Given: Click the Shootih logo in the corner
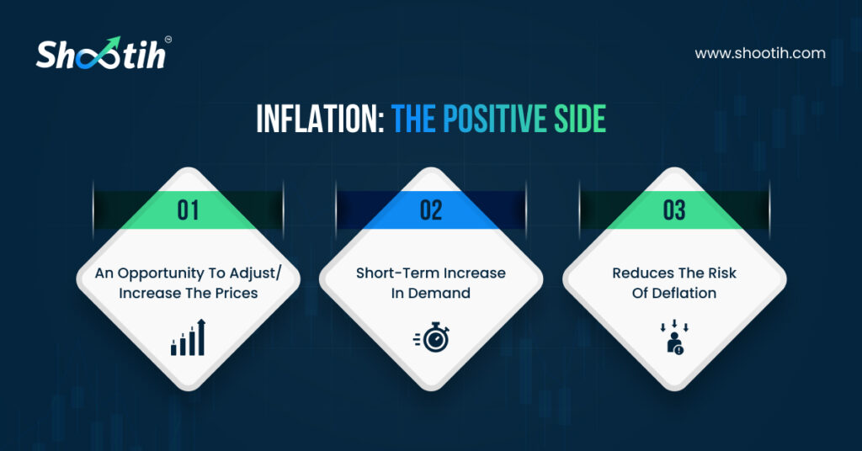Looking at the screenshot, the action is point(104,53).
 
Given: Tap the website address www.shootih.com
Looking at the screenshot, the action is point(760,53).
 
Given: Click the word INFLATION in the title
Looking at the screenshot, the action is point(320,118).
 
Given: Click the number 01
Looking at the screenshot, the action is point(188,210).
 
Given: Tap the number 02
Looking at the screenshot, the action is point(431,210).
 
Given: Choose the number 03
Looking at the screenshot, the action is point(674,210).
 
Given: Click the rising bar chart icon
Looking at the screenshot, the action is point(188,337).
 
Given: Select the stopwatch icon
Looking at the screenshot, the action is point(432,337).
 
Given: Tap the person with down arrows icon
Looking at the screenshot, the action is point(674,337).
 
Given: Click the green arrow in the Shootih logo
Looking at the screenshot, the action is point(109,47).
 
